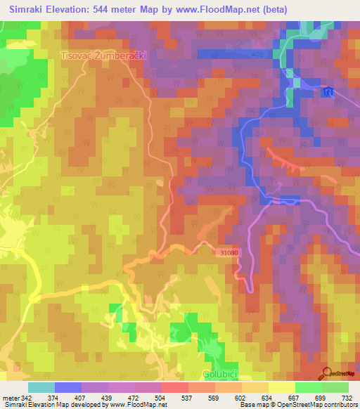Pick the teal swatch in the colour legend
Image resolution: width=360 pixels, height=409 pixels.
41,387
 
